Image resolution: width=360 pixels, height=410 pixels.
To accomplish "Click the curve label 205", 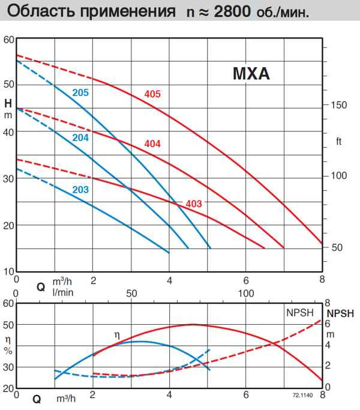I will (80, 92).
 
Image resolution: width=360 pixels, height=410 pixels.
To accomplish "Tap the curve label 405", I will (153, 94).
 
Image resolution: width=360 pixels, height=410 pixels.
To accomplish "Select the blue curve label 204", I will (80, 137).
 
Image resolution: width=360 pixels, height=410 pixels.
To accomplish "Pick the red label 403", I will (194, 203).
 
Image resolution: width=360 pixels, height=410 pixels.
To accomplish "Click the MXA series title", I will (251, 75).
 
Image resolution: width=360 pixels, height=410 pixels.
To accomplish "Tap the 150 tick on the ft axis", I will (339, 105).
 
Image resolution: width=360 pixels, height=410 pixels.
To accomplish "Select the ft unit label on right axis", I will (338, 142).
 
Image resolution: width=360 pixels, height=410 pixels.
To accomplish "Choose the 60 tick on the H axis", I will (8, 40).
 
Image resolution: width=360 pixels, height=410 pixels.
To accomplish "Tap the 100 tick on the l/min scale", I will (246, 294).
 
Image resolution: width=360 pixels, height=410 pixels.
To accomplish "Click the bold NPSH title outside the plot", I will (340, 313).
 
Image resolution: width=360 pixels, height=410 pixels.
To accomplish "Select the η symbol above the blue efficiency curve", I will (117, 333).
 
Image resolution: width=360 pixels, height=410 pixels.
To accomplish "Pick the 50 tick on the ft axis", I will (337, 247).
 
